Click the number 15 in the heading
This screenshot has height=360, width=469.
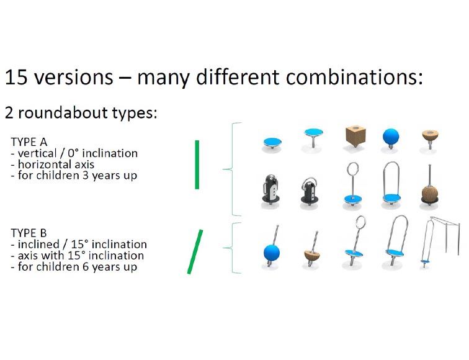tap(17, 78)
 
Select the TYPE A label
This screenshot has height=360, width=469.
tap(29, 142)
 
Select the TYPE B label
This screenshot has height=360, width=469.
tap(29, 233)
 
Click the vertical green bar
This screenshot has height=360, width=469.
tap(197, 164)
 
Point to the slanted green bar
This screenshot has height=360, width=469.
tap(195, 251)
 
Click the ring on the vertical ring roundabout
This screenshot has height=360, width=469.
tap(353, 169)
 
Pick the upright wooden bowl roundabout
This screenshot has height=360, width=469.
tap(430, 140)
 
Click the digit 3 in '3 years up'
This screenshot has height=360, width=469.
tap(85, 175)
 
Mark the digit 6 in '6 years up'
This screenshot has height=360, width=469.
tap(85, 266)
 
